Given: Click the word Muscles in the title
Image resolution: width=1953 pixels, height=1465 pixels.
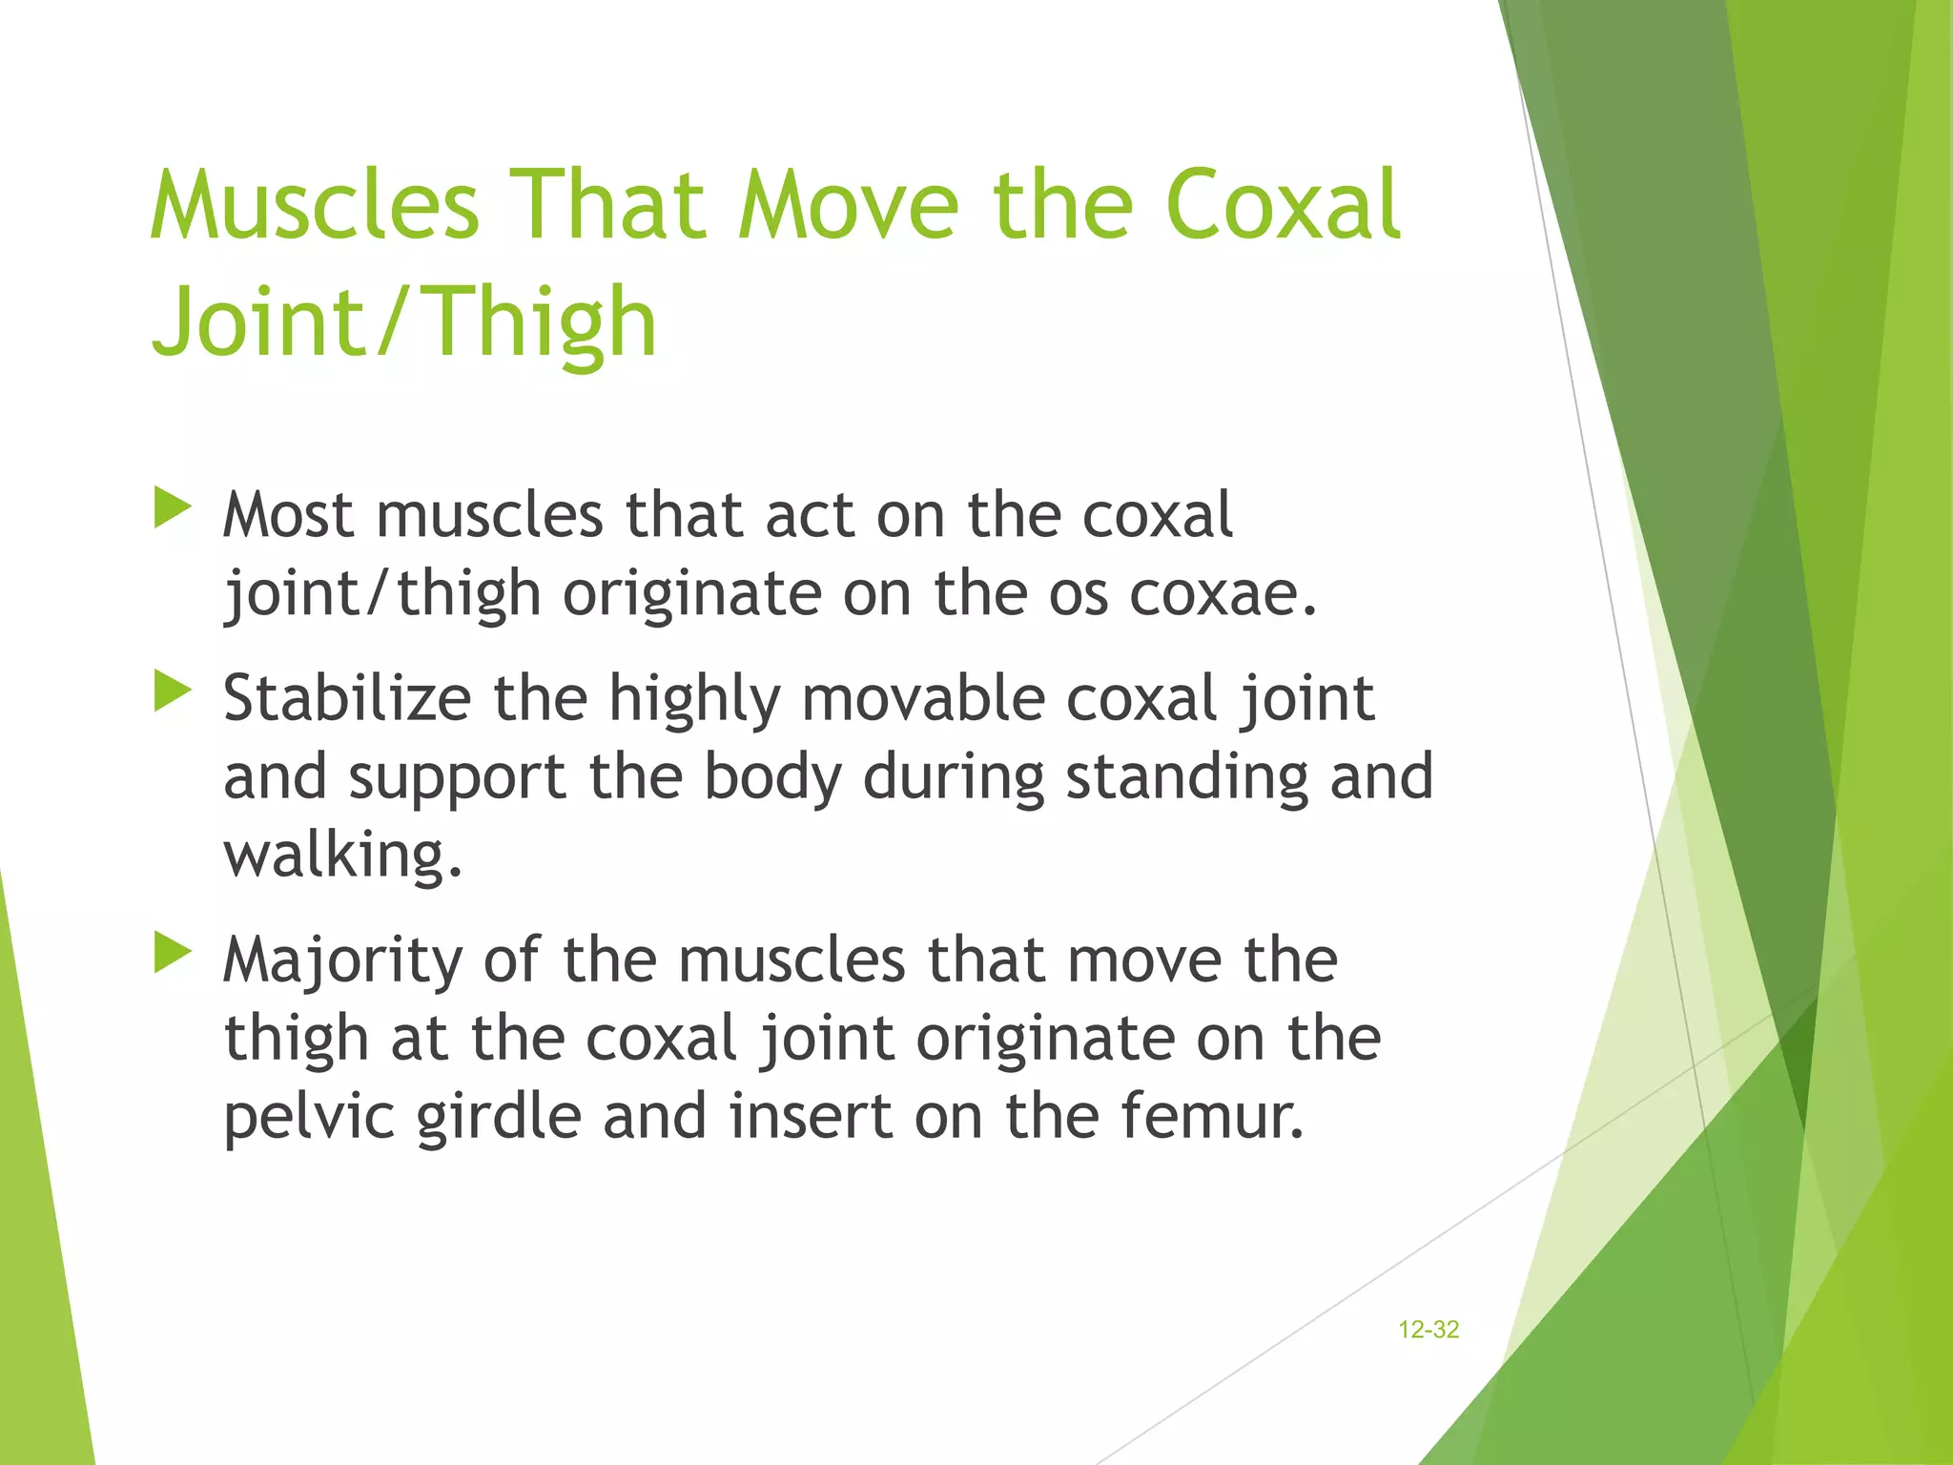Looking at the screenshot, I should (315, 205).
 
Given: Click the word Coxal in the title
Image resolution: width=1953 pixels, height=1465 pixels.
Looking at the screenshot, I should (1283, 205).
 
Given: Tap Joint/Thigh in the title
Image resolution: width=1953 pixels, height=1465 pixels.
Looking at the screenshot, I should (404, 321).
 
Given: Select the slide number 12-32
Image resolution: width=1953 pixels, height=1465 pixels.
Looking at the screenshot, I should (1428, 1330).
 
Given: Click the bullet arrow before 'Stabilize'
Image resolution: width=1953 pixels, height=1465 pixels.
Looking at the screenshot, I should (173, 691).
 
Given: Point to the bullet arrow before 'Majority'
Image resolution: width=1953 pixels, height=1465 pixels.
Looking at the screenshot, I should (173, 953).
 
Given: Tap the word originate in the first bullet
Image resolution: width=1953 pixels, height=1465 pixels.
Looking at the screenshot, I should (691, 593).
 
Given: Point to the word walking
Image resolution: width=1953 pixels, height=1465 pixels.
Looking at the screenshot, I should (342, 855).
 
